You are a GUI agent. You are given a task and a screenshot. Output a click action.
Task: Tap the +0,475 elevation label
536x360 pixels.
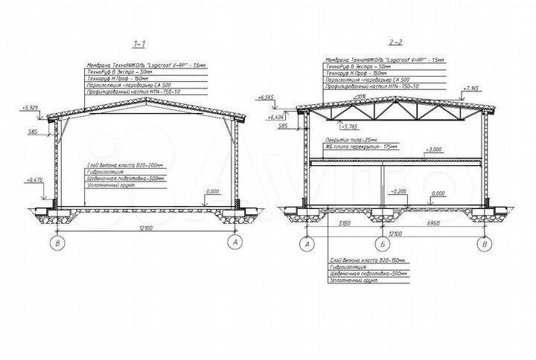(33, 179)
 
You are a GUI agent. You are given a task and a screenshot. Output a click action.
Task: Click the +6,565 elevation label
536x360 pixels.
(267, 97)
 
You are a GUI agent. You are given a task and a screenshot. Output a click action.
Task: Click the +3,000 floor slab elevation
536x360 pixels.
(432, 150)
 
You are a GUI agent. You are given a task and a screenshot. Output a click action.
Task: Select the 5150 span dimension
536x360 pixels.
(344, 224)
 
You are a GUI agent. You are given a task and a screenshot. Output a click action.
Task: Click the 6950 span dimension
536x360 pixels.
(433, 224)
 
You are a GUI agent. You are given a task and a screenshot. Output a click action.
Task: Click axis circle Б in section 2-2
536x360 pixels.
(381, 243)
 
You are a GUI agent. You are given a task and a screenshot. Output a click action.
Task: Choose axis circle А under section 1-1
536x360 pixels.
(236, 242)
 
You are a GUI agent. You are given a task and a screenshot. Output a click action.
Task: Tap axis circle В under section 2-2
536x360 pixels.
(485, 243)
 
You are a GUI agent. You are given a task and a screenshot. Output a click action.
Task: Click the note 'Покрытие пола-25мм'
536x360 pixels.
(351, 140)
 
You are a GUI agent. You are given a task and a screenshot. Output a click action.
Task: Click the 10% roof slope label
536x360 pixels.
(361, 96)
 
